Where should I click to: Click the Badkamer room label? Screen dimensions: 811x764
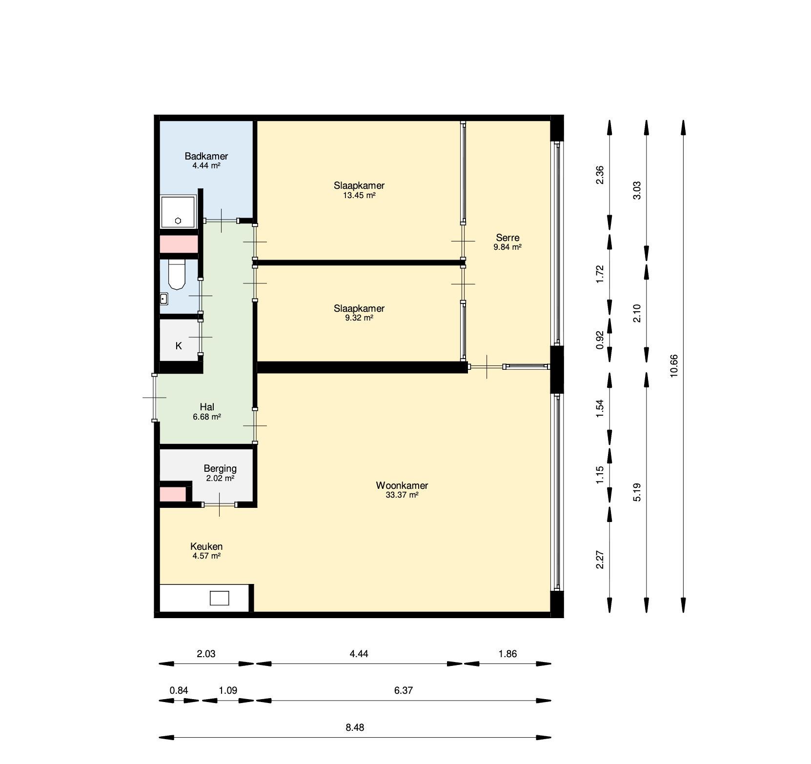coord(206,156)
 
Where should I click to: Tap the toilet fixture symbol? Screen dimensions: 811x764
coord(177,275)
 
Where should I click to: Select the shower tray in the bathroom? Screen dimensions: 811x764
coord(178,212)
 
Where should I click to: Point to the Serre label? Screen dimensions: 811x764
coord(507,238)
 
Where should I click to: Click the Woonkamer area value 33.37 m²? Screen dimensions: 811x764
coord(402,495)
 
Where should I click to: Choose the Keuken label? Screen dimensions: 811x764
coord(206,546)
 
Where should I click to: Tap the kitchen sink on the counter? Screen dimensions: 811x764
coord(219,598)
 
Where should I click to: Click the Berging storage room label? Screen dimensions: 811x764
coord(220,468)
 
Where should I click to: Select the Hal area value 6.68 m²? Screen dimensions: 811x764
coord(207,417)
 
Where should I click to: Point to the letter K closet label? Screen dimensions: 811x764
coord(179,346)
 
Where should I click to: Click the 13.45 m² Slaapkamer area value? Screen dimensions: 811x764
coord(359,195)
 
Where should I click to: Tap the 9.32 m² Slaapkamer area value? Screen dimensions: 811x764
coord(359,318)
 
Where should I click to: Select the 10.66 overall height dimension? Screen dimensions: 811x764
coord(674,366)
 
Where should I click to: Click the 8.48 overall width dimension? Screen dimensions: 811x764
coord(355,727)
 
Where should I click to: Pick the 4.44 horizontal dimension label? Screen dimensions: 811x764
coord(359,654)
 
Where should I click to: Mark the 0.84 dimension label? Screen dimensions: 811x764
coord(179,690)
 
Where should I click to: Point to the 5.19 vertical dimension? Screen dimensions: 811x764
coord(637,492)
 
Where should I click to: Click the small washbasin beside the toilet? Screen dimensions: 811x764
coord(164,299)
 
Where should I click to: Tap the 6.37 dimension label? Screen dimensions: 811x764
coord(404,690)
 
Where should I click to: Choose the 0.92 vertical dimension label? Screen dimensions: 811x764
coord(600,340)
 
